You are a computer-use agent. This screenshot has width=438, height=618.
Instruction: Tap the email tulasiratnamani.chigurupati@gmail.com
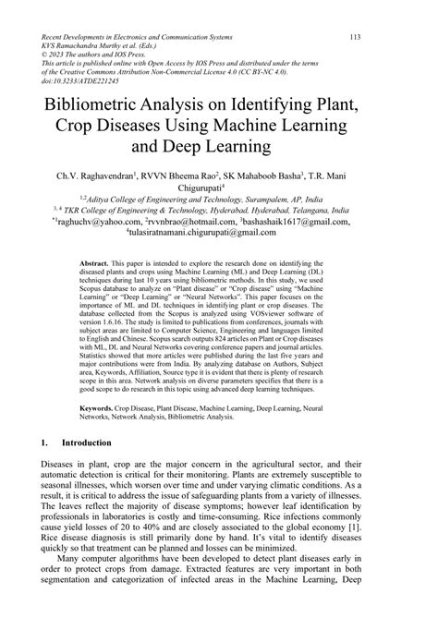(222, 235)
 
